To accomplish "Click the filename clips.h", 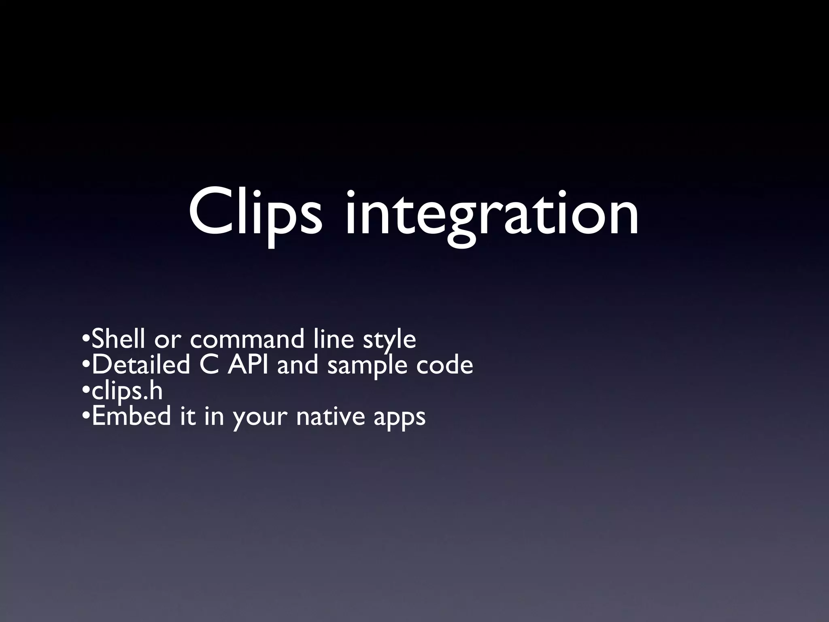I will [x=127, y=391].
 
